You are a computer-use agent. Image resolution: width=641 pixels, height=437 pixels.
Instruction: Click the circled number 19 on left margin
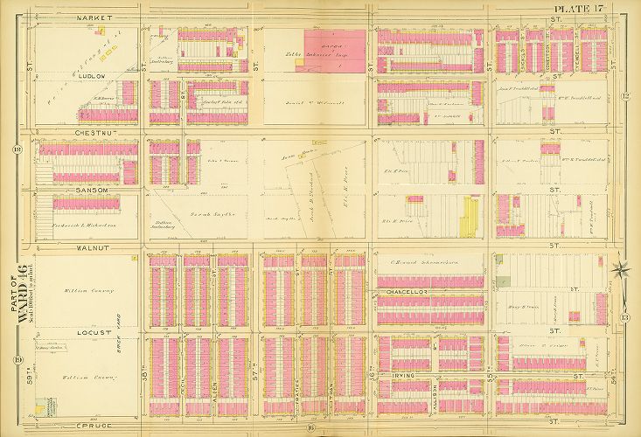(17, 360)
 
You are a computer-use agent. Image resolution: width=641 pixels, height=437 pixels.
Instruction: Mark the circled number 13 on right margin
(625, 319)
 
